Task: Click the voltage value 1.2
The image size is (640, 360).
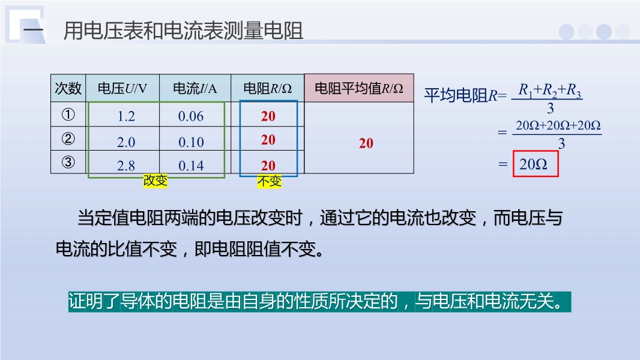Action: coord(126,116)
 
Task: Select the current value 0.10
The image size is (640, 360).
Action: coord(191,142)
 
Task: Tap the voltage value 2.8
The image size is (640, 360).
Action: coord(125,166)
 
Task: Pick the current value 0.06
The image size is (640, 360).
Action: coord(190,116)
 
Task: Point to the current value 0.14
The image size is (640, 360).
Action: coord(191,166)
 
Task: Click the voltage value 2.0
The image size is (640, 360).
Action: coord(125,142)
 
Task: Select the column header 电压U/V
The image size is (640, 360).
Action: coord(122,88)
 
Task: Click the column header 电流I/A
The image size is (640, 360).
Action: coord(195,88)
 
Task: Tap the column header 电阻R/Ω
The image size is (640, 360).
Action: coord(267,88)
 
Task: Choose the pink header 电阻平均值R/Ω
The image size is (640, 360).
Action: coord(359,88)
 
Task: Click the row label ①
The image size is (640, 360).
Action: coord(68,115)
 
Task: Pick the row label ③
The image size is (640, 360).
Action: coord(68,162)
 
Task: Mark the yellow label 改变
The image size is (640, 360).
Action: coord(155,180)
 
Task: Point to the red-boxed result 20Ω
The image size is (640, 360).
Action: coord(536,164)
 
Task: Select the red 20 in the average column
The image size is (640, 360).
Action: coord(366,143)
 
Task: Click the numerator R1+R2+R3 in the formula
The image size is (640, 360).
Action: coord(549,90)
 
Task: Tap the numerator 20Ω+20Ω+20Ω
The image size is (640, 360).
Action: coord(558,125)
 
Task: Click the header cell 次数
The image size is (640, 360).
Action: coord(68,88)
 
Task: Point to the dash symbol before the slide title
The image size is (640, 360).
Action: coord(33,31)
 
